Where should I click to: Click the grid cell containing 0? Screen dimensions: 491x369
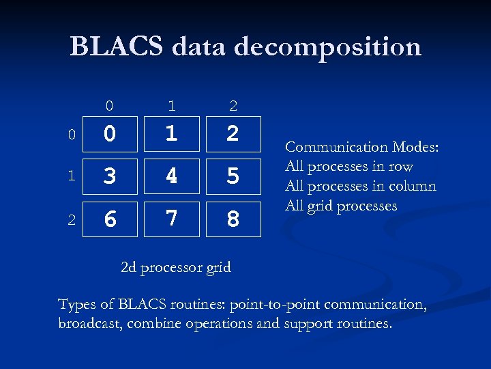pos(110,133)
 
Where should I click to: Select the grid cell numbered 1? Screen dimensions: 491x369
pos(171,133)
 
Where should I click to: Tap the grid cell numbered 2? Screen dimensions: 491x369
pos(233,133)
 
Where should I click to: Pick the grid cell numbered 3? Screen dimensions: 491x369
pos(110,176)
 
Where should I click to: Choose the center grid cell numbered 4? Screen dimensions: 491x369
pos(171,176)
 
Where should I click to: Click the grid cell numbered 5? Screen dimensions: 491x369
pos(233,176)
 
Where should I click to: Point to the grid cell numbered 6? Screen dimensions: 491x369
pos(110,219)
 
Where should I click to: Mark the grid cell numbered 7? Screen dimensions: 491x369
pos(171,219)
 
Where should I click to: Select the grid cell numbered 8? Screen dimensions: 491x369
pos(233,219)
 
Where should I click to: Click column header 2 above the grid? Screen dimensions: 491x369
pos(233,105)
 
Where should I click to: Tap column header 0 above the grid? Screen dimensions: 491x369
pos(109,105)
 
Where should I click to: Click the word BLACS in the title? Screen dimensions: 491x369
pos(116,46)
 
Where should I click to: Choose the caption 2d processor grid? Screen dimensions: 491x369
pos(176,267)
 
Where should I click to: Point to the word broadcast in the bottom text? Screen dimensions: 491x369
pos(89,323)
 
